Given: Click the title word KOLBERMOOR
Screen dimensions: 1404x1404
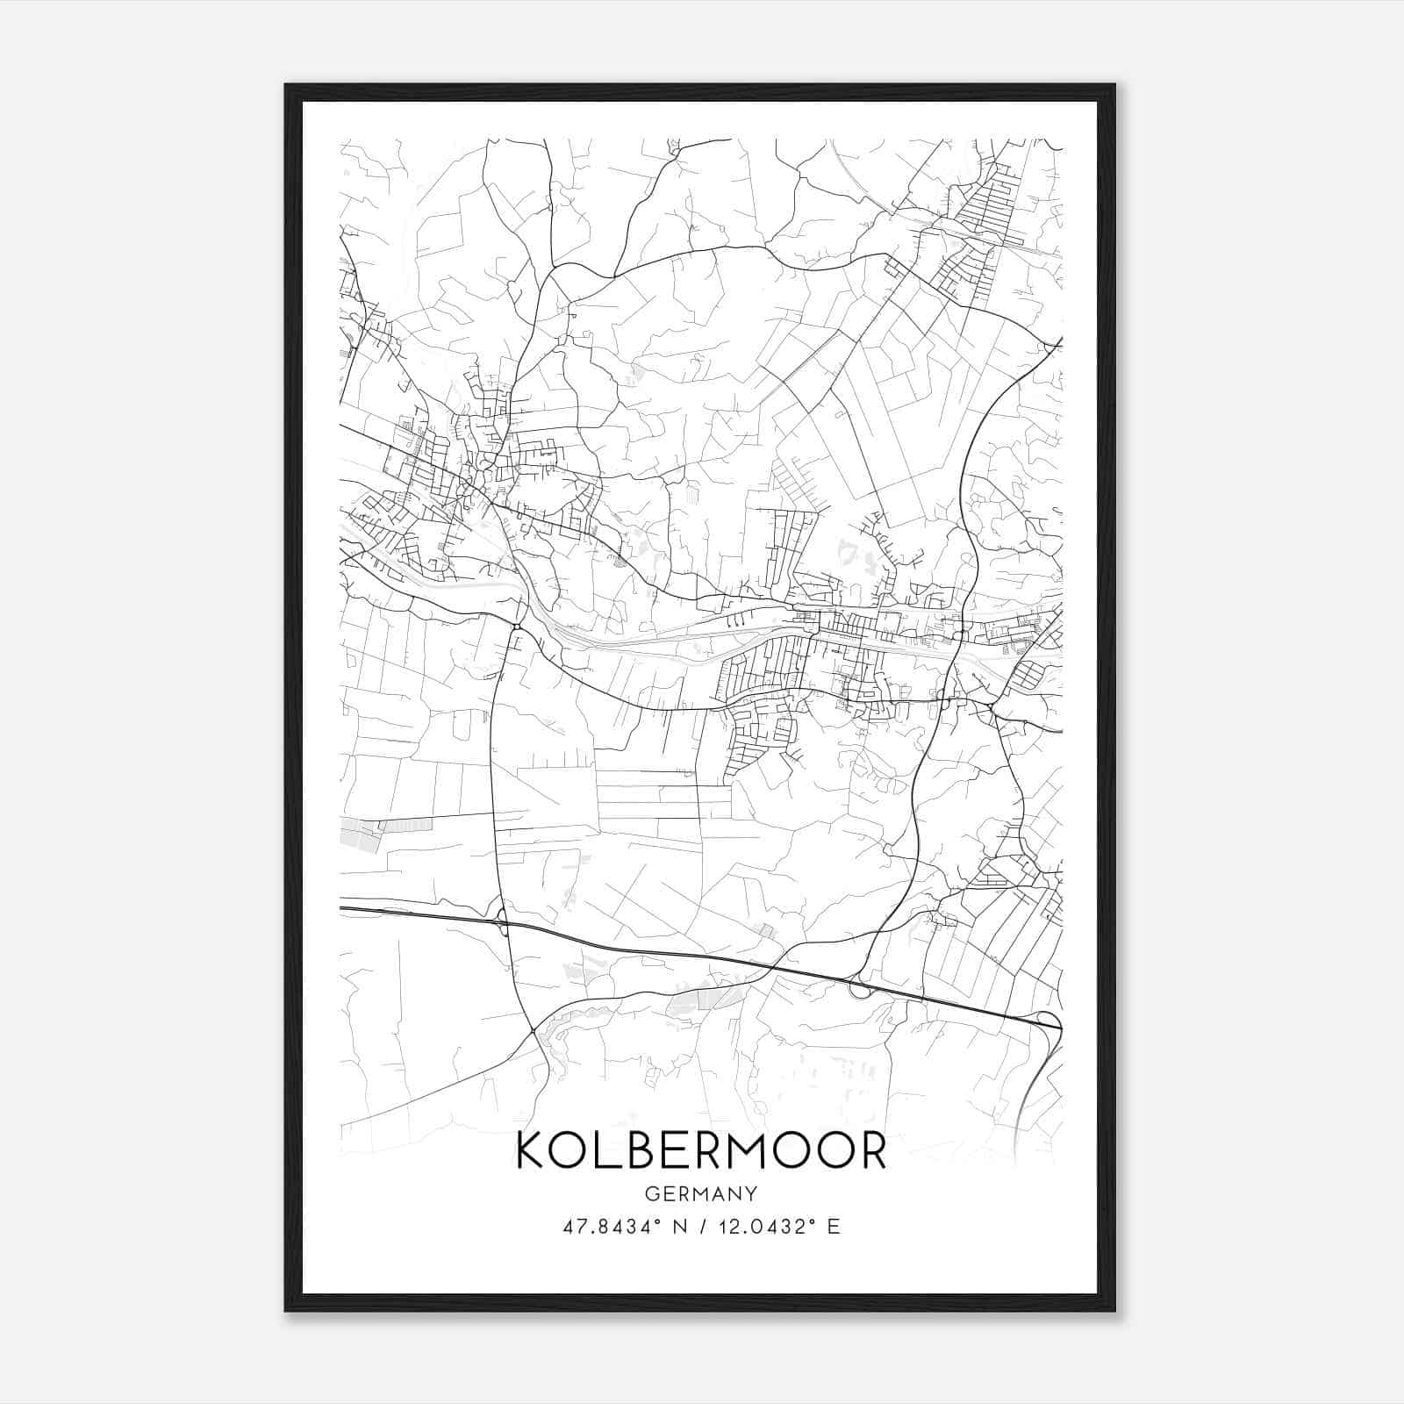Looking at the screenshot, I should [701, 1150].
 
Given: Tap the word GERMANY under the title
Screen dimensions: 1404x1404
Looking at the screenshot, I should [701, 1193].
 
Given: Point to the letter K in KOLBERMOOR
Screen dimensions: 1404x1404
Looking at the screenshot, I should [531, 1150].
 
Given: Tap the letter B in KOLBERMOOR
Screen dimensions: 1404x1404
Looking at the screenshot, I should [644, 1150].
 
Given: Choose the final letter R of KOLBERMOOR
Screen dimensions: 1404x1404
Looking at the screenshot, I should [871, 1150].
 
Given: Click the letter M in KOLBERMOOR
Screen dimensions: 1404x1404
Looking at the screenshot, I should [748, 1150].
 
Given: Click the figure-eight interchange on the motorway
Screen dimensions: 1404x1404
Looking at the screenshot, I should [502, 922].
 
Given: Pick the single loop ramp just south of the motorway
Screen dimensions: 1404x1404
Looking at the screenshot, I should [860, 990].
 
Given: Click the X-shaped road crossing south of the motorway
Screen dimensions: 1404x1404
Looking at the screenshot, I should [534, 1029].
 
